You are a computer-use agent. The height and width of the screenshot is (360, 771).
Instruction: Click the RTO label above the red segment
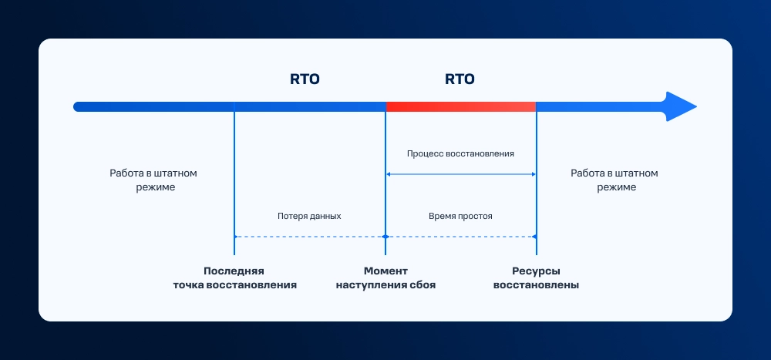tap(460, 79)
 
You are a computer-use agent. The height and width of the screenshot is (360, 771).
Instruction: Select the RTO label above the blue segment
tap(305, 79)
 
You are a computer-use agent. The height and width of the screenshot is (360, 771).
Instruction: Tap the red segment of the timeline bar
tap(460, 106)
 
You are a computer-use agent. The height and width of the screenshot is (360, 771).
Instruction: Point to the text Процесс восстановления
tap(460, 153)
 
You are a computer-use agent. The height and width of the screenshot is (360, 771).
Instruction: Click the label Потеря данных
tap(309, 216)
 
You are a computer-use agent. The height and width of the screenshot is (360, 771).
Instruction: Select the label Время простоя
tap(460, 216)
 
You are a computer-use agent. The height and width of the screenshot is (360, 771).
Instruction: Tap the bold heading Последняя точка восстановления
tap(234, 278)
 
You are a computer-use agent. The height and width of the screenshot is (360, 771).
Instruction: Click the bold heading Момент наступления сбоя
tap(385, 278)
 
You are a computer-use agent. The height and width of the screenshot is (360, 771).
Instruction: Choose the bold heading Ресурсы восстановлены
tap(536, 278)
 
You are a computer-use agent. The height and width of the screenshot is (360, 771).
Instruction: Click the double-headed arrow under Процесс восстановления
tap(460, 174)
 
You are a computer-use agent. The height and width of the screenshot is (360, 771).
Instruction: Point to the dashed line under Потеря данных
tap(309, 236)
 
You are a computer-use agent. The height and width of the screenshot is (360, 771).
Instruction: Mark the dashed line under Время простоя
tap(460, 236)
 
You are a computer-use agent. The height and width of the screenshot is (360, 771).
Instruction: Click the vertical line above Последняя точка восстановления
tap(234, 185)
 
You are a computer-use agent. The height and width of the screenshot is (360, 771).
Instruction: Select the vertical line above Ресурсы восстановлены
tap(536, 200)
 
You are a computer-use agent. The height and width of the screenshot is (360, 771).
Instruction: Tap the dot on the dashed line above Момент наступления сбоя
tap(385, 236)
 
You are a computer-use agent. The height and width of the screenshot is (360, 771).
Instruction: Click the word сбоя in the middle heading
tap(420, 285)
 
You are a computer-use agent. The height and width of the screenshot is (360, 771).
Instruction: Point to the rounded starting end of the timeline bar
tap(78, 106)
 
